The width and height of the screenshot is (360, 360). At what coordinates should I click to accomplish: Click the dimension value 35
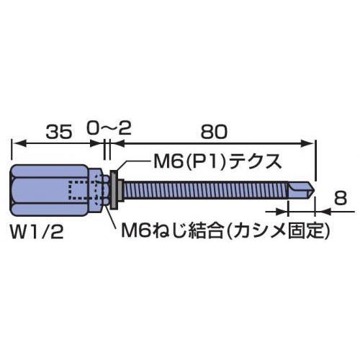pyautogui.click(x=60, y=132)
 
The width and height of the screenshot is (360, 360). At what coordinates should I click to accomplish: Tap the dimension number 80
pyautogui.click(x=214, y=132)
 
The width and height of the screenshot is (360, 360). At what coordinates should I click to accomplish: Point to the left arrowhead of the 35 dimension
pyautogui.click(x=18, y=144)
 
